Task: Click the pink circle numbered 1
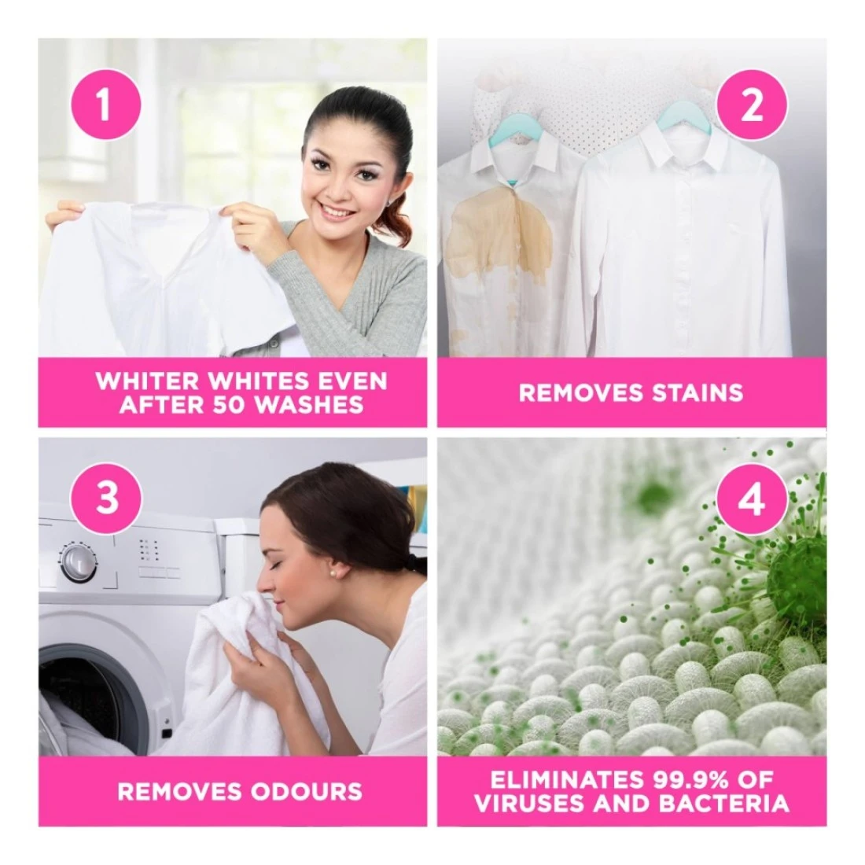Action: (x=105, y=105)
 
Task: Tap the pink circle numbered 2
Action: (x=752, y=105)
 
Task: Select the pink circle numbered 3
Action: (x=106, y=498)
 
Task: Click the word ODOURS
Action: (x=306, y=792)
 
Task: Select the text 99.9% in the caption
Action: (x=684, y=780)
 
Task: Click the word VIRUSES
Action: (x=528, y=804)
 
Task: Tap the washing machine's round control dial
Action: (x=77, y=562)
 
